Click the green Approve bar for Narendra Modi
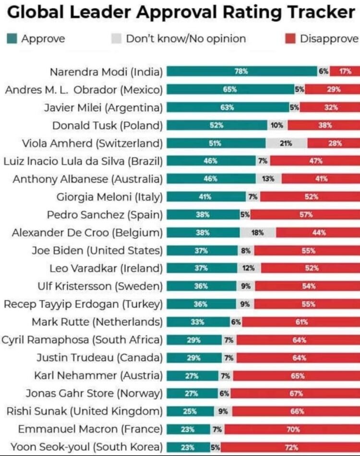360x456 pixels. coord(241,72)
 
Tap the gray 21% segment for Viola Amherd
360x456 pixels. coord(286,143)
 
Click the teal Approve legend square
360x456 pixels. coord(12,38)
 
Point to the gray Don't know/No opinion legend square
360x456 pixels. coord(117,38)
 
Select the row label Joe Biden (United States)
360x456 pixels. coord(97,250)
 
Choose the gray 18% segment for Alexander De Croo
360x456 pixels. coord(258,232)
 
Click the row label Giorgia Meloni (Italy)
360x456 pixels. coord(110,196)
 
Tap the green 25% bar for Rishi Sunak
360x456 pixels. coord(190,411)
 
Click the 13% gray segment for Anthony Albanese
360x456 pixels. coord(268,179)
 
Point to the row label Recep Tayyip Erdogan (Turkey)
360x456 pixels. coord(84,304)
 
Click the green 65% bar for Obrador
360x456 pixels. coord(230,89)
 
